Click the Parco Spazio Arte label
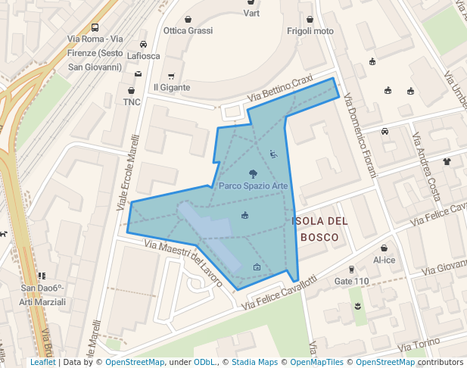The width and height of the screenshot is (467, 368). point(253,186)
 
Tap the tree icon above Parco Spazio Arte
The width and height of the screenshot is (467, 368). point(253,173)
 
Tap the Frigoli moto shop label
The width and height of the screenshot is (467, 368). point(310,31)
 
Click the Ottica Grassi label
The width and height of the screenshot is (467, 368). point(188,31)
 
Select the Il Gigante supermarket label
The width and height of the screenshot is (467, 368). point(172,88)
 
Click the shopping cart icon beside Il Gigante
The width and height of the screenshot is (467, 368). point(172,76)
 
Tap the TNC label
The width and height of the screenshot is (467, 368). point(132,102)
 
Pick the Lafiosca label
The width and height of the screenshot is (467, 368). point(144,56)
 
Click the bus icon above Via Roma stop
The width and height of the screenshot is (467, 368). point(95,27)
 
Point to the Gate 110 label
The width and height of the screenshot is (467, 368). point(351,282)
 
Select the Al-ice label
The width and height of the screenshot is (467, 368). point(384,260)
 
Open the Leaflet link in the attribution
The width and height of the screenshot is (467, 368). point(42,363)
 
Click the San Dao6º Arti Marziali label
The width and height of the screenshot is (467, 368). point(42,295)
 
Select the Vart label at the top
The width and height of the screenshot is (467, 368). point(251,14)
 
